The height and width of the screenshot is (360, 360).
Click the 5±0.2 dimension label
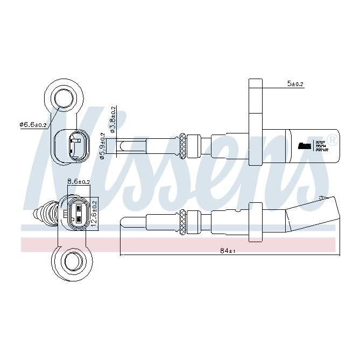(295, 84)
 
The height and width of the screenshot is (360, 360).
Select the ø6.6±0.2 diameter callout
(33, 125)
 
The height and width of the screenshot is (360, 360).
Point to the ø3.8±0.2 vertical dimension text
(113, 119)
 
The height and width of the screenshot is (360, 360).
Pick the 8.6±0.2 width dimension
(79, 182)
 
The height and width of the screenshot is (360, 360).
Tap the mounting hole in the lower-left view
(70, 262)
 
